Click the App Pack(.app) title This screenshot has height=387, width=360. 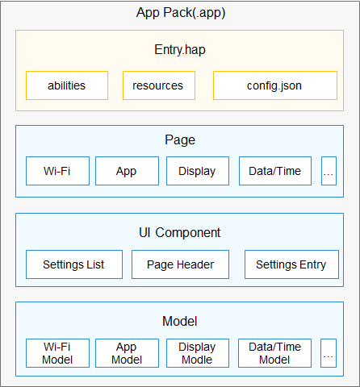coord(181,13)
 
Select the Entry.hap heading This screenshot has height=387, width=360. coord(180,50)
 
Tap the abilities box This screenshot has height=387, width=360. coord(67,85)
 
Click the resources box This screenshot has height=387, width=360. coord(159,85)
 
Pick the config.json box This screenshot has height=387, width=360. coord(275,85)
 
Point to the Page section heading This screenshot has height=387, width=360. coord(180,139)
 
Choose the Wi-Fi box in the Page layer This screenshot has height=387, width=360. coord(57,171)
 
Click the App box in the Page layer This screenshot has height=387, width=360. coord(127,171)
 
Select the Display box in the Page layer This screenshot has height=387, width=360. coord(198,171)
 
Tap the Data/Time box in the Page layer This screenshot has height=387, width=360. coord(275,171)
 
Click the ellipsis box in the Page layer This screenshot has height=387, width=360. coord(329,171)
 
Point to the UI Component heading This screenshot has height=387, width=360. coord(179,232)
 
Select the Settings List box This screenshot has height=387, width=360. coord(74,264)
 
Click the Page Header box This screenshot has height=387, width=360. coord(180,264)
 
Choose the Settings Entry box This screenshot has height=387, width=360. coord(291,264)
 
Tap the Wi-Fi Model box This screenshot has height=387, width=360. coord(57,353)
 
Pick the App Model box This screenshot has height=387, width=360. coord(127,353)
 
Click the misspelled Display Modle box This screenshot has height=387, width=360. coord(198,353)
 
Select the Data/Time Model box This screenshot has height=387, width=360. coord(274,353)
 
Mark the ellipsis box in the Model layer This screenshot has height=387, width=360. coord(329,353)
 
